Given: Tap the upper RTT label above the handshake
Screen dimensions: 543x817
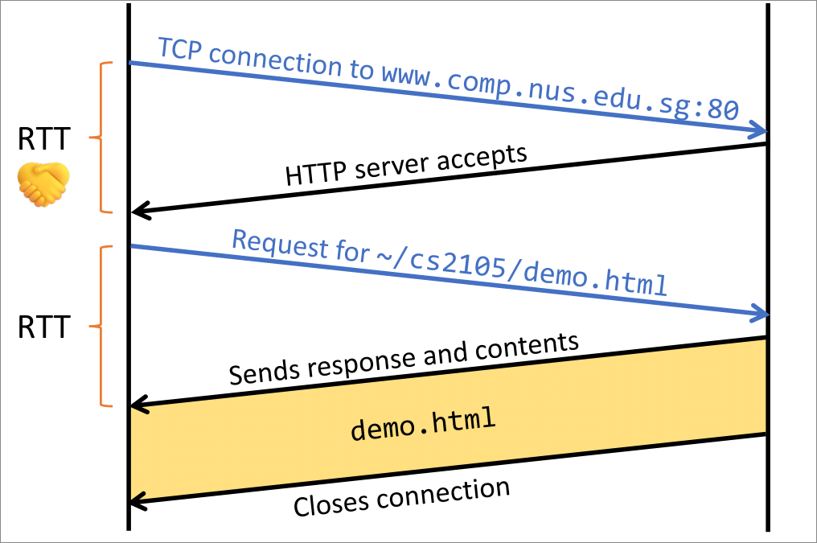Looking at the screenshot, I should [x=43, y=141].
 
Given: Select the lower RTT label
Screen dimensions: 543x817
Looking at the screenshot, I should [x=43, y=327].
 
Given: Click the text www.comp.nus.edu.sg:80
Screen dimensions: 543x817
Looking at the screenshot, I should [x=560, y=94].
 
